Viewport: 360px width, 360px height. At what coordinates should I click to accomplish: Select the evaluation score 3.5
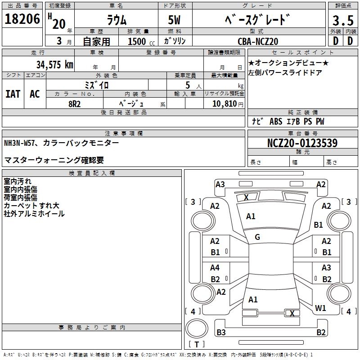(342, 21)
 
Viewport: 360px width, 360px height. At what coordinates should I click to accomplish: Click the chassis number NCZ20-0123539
(302, 143)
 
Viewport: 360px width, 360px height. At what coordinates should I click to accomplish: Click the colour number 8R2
(74, 103)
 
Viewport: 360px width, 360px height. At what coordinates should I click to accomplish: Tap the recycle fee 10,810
(224, 103)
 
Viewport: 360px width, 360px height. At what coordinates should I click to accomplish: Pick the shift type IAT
(13, 94)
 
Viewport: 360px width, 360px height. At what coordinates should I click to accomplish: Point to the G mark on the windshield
(257, 237)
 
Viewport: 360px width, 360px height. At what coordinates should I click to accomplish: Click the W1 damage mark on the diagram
(320, 308)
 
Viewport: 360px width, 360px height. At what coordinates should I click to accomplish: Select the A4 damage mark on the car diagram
(215, 268)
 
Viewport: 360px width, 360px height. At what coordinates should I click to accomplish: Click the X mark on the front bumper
(246, 197)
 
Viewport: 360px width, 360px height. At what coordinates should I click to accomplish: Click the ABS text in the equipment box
(275, 121)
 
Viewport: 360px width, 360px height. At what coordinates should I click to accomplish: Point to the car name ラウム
(116, 20)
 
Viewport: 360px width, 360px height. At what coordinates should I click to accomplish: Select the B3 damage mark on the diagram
(221, 333)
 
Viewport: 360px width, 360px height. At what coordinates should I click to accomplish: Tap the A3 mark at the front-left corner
(220, 184)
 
